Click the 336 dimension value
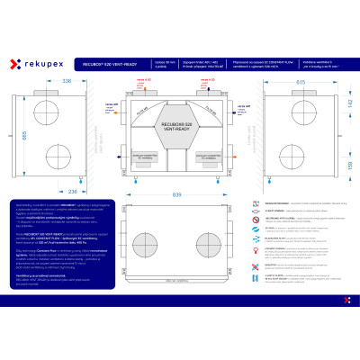pyautogui.click(x=64, y=81)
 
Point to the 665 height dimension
pyautogui.click(x=12, y=132)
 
